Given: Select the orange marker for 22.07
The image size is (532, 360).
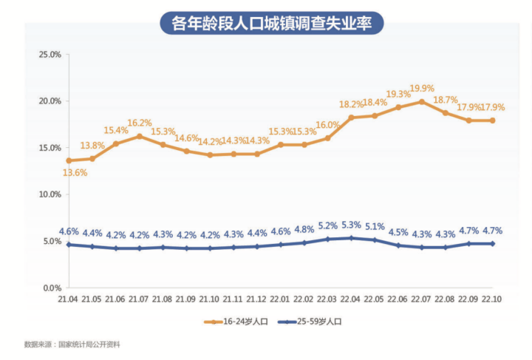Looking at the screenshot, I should [422, 101].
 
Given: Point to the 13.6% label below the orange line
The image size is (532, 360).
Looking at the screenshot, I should [75, 173].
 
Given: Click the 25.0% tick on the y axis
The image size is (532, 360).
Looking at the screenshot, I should [50, 55].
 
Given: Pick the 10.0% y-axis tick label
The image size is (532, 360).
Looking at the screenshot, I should [50, 194].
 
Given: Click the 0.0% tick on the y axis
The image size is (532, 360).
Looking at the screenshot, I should [51, 288].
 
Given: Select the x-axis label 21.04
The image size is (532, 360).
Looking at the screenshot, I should [69, 299].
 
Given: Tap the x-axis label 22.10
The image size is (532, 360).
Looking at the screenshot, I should [493, 299].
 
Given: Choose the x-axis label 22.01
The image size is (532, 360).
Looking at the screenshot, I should [281, 299].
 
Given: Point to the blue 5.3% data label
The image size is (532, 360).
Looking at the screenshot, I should [352, 225].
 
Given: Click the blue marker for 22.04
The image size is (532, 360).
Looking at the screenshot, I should [351, 238].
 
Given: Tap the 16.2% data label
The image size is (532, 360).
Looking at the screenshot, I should [140, 123].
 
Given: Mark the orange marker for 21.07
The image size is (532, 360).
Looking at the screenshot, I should [139, 136].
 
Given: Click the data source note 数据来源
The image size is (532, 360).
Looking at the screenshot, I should [72, 344].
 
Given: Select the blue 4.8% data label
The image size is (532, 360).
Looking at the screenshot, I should [304, 229].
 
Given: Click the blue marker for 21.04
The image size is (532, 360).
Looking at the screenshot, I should [69, 245].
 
